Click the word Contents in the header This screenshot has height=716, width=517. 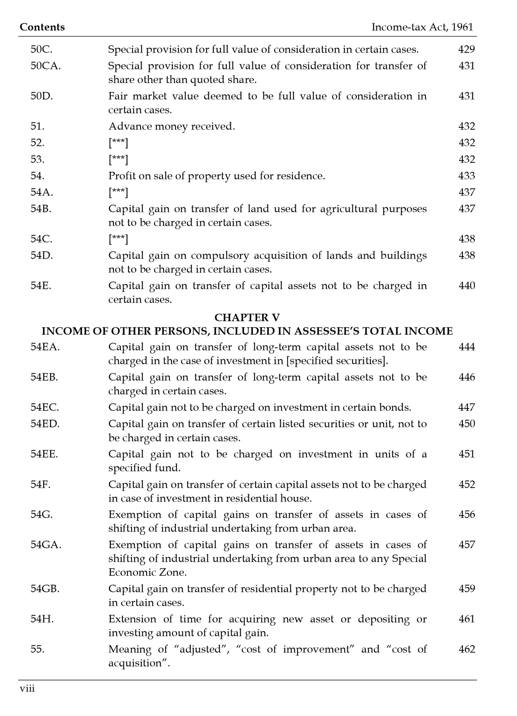tap(42, 27)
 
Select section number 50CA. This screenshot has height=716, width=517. tap(45, 66)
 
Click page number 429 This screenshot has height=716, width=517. tap(467, 49)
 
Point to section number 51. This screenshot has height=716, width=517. tap(37, 126)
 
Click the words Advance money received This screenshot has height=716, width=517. tap(172, 126)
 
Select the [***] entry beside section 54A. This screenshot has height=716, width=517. tap(118, 193)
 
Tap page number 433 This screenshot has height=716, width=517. tap(467, 176)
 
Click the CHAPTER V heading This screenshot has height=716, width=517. tap(247, 317)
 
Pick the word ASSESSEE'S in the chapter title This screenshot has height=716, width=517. tap(327, 331)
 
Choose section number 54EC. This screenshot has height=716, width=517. tap(45, 408)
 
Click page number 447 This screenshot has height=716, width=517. tap(467, 408)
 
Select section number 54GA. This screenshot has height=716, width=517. tap(46, 545)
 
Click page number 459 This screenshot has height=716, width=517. tap(467, 589)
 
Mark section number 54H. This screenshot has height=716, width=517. tap(42, 619)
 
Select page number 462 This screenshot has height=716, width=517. tap(467, 649)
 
